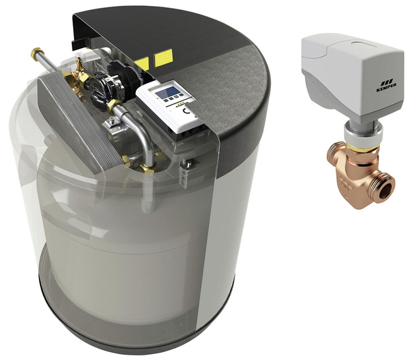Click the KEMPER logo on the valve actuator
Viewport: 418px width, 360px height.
pyautogui.click(x=386, y=86)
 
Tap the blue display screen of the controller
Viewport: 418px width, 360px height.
pyautogui.click(x=167, y=92)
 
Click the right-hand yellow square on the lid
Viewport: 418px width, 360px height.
pyautogui.click(x=164, y=58)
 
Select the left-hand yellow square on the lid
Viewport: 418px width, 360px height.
pyautogui.click(x=142, y=64)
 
